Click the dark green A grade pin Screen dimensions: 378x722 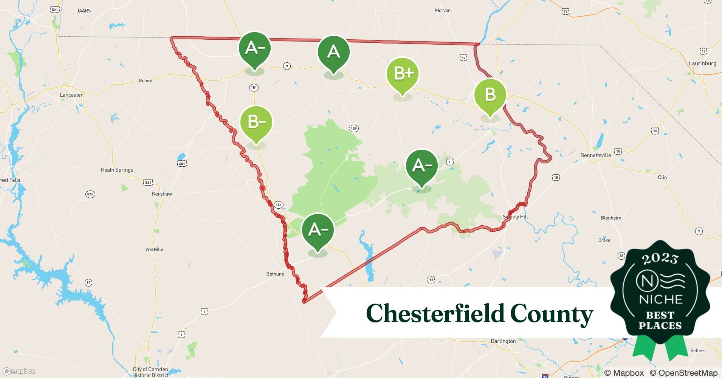coord(333,53)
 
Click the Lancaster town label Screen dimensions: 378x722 coord(71,95)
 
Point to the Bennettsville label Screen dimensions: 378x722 coord(595,155)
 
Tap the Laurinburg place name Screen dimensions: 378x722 coord(702,64)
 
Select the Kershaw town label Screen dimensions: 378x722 coord(162,194)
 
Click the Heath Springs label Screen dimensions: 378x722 coord(117,170)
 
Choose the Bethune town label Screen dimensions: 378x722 coord(275,274)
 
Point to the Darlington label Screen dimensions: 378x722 coord(503,341)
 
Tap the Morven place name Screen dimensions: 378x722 coord(443,11)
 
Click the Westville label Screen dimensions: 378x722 coord(154,249)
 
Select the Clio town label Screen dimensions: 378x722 coord(662,177)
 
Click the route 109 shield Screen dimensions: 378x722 coord(353,129)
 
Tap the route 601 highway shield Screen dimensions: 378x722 coord(182,163)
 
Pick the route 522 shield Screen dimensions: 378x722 coord(90,194)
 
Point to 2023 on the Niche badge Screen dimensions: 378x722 coord(660,259)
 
